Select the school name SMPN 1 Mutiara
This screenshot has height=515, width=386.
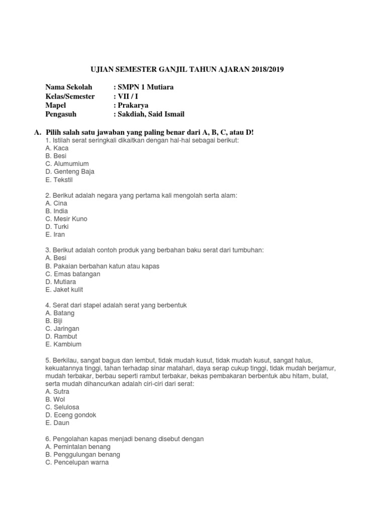coord(144,87)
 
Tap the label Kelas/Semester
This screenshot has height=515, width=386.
coord(70,96)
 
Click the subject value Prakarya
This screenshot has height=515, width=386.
coord(134,105)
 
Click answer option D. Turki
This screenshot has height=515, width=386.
coord(57,227)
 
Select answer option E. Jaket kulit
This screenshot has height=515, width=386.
coord(64,290)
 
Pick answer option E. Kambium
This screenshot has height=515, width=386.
coord(63,345)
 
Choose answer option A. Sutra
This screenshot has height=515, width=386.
coord(57,391)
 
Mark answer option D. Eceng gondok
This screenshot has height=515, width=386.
coord(70,415)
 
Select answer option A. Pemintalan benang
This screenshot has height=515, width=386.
coord(78,447)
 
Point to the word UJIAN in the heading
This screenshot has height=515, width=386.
coord(93,69)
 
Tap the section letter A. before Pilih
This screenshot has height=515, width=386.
coord(37,132)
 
